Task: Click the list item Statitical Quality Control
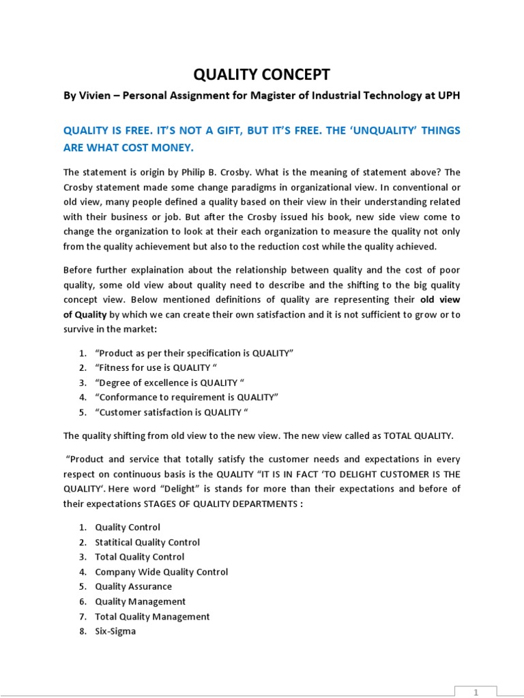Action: coord(147,542)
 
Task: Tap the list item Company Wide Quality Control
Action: coord(161,572)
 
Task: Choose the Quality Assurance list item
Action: coord(134,586)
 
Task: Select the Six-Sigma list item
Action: coord(115,631)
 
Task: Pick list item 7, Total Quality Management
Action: coord(152,616)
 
